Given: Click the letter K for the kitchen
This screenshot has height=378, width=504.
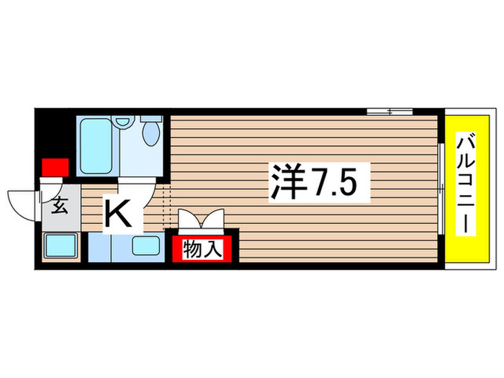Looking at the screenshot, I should pos(119,213).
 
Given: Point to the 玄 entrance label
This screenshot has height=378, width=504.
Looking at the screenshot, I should pos(60,207).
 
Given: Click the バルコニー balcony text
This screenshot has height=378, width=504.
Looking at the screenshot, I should pos(467,184).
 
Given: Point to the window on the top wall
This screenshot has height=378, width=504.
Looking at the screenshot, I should pos(390,112).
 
